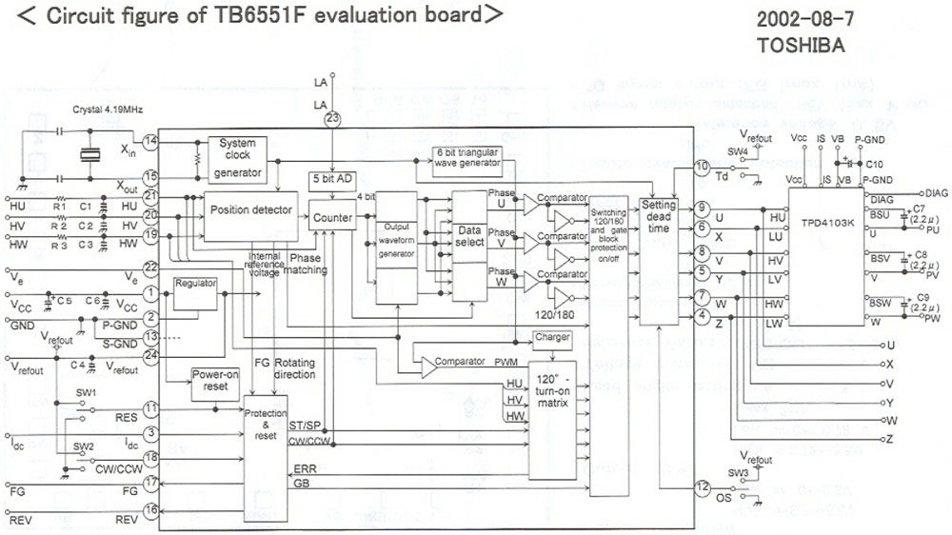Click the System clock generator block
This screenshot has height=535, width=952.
[237, 159]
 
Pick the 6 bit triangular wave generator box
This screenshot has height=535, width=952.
[467, 158]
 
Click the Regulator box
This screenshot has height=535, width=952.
[196, 284]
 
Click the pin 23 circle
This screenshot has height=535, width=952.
[331, 119]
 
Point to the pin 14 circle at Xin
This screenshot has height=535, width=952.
[150, 143]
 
